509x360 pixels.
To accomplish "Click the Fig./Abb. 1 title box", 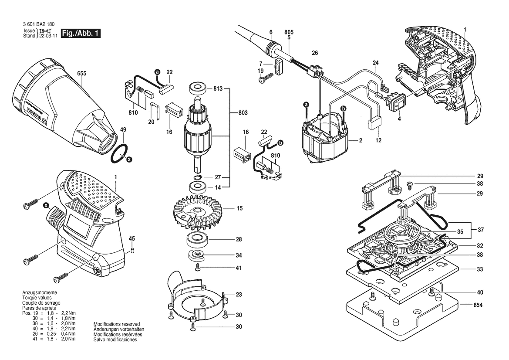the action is pyautogui.click(x=81, y=33).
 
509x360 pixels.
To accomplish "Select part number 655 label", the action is pyautogui.click(x=82, y=74).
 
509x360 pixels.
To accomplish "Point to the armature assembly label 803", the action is pyautogui.click(x=243, y=113).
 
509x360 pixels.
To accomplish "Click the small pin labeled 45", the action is pyautogui.click(x=132, y=251).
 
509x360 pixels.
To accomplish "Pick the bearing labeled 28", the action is pyautogui.click(x=198, y=241).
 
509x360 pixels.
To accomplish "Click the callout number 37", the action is pyautogui.click(x=481, y=230).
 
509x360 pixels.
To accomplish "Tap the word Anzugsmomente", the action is pyautogui.click(x=40, y=292).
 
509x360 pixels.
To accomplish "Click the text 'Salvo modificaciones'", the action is pyautogui.click(x=115, y=340).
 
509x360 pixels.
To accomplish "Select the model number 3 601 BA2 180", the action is pyautogui.click(x=39, y=24).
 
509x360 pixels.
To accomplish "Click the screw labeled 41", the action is pyautogui.click(x=198, y=268).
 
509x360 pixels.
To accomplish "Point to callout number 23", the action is pyautogui.click(x=239, y=295).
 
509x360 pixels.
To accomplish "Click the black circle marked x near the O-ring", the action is pyautogui.click(x=129, y=159).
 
